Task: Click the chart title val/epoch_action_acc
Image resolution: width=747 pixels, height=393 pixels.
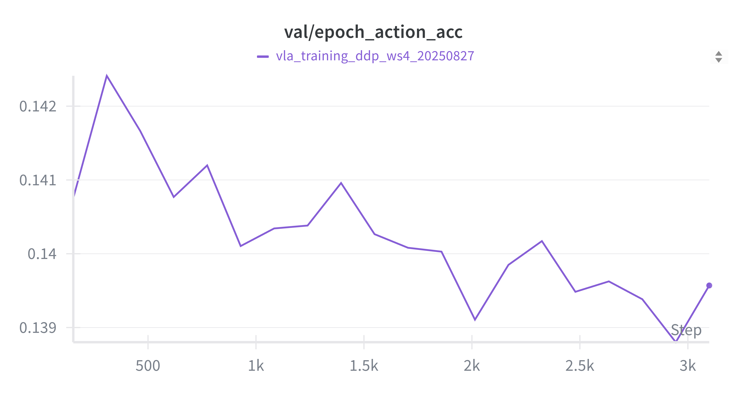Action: pyautogui.click(x=373, y=32)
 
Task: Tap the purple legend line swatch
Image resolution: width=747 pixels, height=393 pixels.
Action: pyautogui.click(x=263, y=56)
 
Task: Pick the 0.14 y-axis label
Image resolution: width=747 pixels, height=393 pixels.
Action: pyautogui.click(x=42, y=254)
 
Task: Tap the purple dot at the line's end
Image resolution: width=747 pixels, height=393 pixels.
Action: pyautogui.click(x=709, y=286)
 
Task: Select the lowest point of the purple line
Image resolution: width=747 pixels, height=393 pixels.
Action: pyautogui.click(x=676, y=341)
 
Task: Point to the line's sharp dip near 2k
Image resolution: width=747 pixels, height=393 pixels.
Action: pyautogui.click(x=475, y=319)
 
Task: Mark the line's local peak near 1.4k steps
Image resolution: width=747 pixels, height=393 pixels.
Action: pyautogui.click(x=341, y=183)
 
